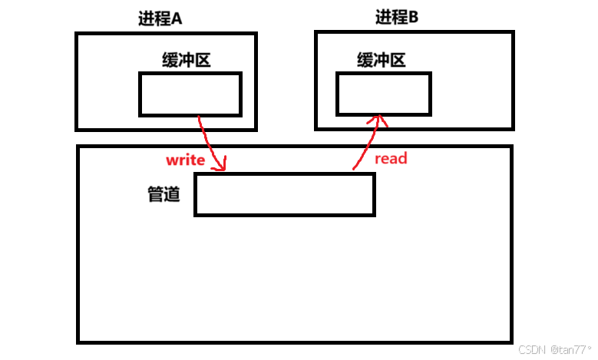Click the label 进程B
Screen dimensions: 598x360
(396, 18)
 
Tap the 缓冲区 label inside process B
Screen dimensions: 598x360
(381, 60)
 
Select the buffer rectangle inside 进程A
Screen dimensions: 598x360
(190, 94)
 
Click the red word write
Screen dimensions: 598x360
(185, 160)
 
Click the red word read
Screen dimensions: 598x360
(390, 159)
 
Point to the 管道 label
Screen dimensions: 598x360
(164, 195)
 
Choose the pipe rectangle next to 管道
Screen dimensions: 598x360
(284, 195)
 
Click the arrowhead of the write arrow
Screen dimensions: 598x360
(223, 167)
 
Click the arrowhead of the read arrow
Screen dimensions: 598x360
(378, 118)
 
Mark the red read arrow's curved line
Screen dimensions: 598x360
(365, 146)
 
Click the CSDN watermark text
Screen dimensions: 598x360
(531, 349)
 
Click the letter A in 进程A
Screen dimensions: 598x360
(176, 18)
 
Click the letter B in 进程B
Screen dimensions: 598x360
(413, 18)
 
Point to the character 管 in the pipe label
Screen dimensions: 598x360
(155, 195)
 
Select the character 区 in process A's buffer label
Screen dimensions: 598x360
(202, 61)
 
